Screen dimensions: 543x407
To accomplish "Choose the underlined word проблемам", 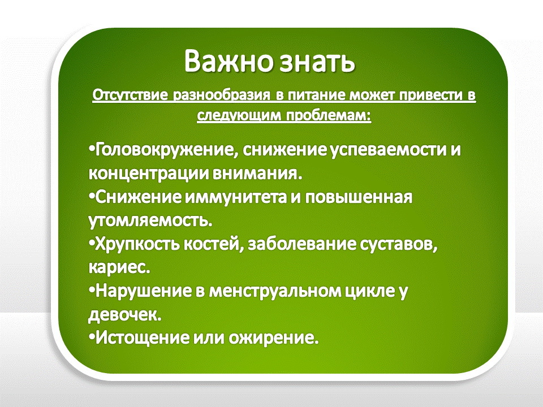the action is pos(328,115).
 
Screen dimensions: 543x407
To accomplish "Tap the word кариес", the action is pos(119,267).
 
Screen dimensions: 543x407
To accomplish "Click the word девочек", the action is pos(125,314).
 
